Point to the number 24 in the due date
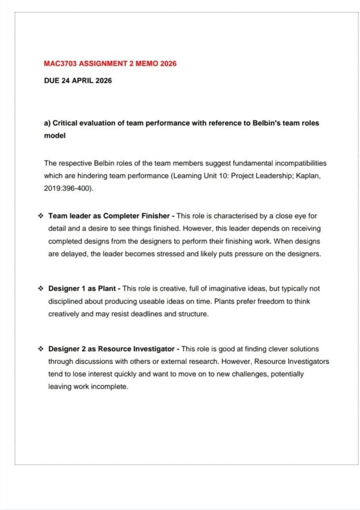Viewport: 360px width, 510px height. click(x=66, y=81)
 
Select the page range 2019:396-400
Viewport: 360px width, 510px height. click(x=67, y=188)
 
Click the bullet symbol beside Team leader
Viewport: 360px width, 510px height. click(x=40, y=216)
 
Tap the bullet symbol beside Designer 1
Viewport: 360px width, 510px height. click(x=40, y=288)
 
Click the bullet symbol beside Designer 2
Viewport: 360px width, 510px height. click(x=40, y=349)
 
